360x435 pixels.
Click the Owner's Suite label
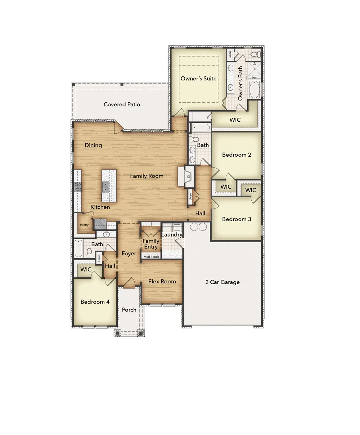coord(198,79)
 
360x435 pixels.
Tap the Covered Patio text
coord(122,104)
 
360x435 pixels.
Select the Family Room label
coord(147,176)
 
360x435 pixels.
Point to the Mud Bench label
coord(151,257)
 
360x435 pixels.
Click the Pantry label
coord(84,225)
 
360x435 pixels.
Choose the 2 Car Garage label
coord(222,282)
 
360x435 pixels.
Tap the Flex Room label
coord(162,282)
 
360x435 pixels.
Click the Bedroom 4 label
coord(95,302)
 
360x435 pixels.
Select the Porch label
coord(129,310)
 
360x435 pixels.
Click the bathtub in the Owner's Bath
coord(255,90)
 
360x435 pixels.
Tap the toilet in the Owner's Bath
coord(256,55)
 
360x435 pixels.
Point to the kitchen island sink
coord(105,187)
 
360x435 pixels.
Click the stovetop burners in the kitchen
coord(78,187)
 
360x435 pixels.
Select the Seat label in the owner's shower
coord(255,77)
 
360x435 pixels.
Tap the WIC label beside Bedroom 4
coord(86,269)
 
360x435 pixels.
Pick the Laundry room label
coord(172,234)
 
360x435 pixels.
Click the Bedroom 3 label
coord(237,219)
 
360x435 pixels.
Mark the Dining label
coord(93,145)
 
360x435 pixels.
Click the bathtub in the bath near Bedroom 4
coord(78,248)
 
